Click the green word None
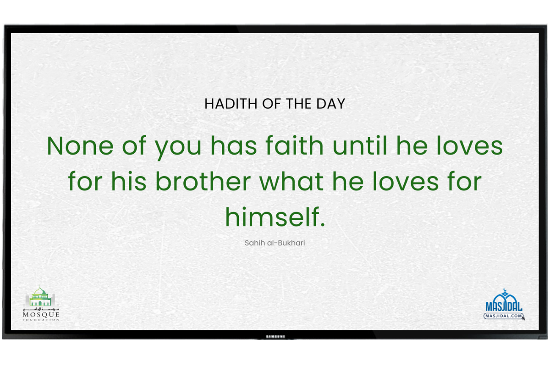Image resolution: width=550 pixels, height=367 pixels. tap(80, 146)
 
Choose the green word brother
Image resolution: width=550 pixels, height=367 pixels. tap(203, 181)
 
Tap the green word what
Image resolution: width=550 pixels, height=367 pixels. tap(291, 181)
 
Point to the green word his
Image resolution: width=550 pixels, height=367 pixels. tap(129, 181)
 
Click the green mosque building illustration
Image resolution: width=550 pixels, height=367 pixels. tap(40, 296)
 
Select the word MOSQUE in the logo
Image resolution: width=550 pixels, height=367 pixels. tap(41, 315)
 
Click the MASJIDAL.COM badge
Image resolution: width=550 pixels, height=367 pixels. tap(504, 316)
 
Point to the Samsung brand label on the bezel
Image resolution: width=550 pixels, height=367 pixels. tap(275, 337)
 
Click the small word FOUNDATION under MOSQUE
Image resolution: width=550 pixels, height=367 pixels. tap(41, 320)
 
